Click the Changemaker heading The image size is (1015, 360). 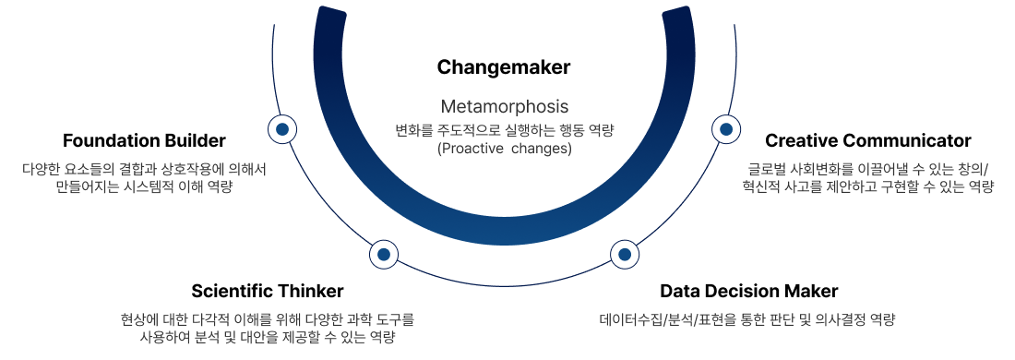504,67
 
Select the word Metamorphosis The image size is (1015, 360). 504,107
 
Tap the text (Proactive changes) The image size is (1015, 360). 504,149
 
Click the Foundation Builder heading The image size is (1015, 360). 144,140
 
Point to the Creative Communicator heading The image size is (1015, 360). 868,140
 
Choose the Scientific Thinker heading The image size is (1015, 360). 268,290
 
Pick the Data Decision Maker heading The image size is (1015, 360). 749,290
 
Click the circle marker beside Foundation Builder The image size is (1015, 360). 282,129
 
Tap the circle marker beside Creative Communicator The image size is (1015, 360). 725,129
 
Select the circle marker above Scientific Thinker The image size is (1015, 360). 383,255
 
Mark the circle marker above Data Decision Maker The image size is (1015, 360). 624,255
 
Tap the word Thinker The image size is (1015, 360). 313,290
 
